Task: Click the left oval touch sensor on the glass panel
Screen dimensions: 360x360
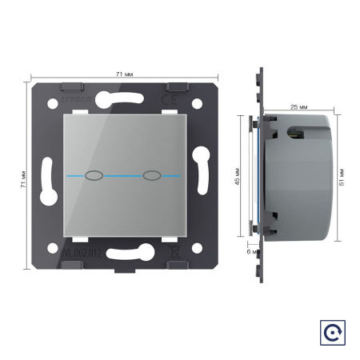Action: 93,174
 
